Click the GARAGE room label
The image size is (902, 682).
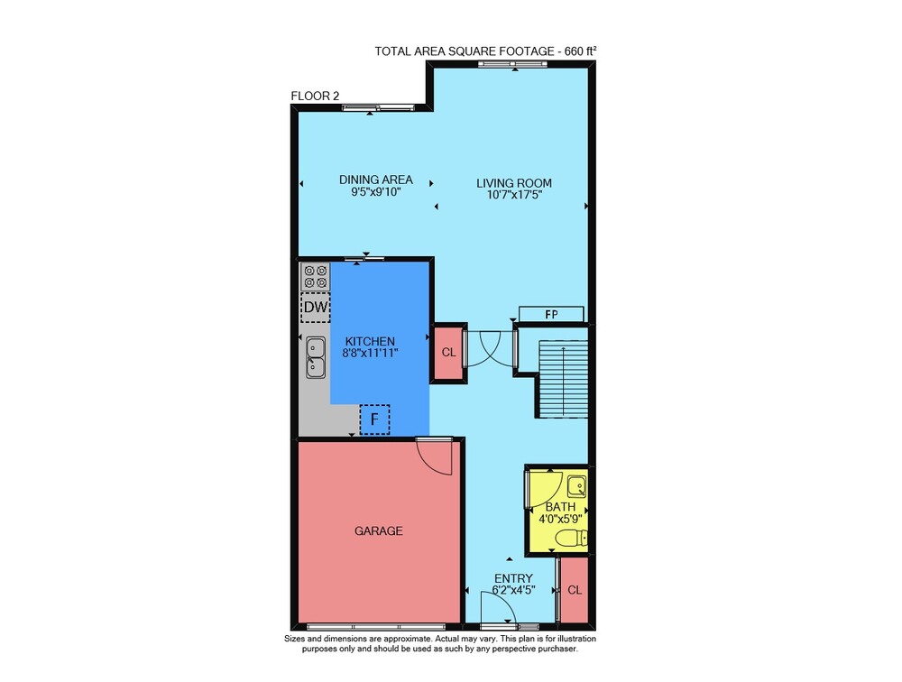378,530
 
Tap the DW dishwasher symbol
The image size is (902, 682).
315,307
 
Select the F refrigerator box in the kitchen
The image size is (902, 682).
374,419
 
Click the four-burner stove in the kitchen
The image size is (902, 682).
315,276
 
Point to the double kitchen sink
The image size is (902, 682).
315,357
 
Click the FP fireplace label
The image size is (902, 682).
551,314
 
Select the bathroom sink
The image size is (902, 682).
576,487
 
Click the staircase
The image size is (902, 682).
563,378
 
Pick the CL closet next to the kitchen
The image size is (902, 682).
448,352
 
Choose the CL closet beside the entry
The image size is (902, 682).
574,590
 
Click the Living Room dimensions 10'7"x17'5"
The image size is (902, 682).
514,195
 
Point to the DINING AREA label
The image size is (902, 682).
375,180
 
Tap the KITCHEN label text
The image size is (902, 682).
370,341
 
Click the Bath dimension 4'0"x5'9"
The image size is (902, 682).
560,518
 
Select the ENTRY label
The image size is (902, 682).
514,578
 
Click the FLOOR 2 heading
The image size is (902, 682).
315,97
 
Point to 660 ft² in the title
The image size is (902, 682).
580,51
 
